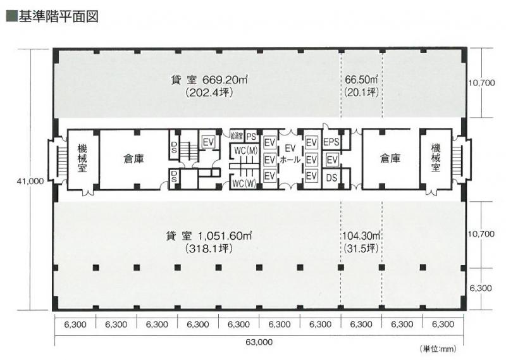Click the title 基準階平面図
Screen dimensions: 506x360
point(58,16)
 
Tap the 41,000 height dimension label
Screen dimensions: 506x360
point(30,182)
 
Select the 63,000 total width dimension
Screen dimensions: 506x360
point(259,342)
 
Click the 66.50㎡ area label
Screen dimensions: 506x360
point(361,80)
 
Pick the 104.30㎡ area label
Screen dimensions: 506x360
point(361,236)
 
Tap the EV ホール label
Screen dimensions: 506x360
point(290,154)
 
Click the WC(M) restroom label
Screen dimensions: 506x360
point(246,151)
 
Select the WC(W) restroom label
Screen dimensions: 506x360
point(244,183)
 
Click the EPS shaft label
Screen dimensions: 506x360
point(331,142)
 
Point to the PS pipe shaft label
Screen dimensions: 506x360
point(251,137)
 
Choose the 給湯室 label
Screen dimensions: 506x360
point(237,136)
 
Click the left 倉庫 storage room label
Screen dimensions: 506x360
point(133,159)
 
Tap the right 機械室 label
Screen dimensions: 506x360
point(436,158)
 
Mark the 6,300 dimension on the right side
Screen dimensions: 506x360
point(481,289)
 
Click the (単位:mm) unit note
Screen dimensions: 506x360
point(438,349)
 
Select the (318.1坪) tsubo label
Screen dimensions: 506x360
point(209,249)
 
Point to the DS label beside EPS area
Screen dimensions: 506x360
point(331,178)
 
